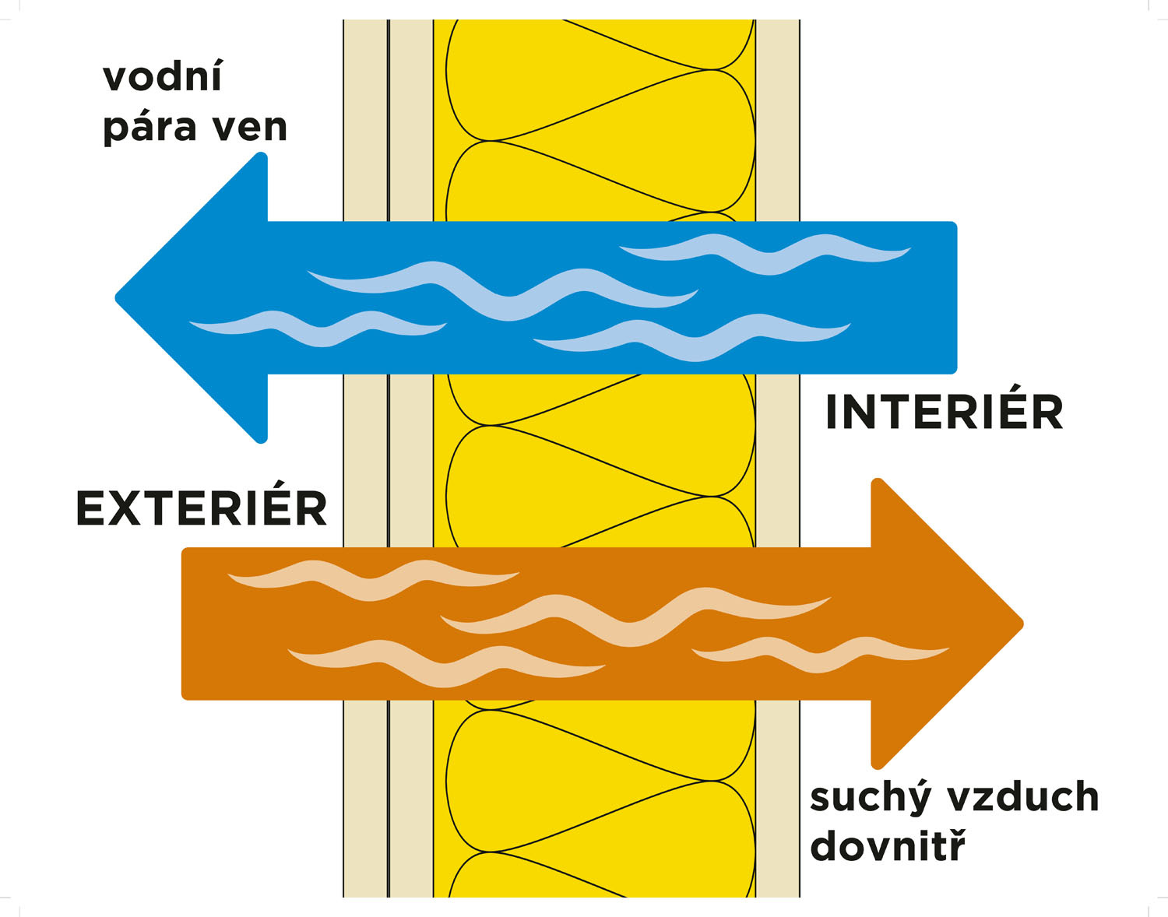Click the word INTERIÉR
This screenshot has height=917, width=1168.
[x=944, y=412]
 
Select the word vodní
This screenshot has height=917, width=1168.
[x=163, y=77]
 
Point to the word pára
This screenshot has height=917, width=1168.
[x=148, y=128]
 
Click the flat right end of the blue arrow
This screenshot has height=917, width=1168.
[x=955, y=298]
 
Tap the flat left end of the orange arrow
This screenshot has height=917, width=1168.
[x=184, y=624]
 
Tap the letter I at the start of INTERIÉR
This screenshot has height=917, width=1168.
[x=832, y=412]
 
